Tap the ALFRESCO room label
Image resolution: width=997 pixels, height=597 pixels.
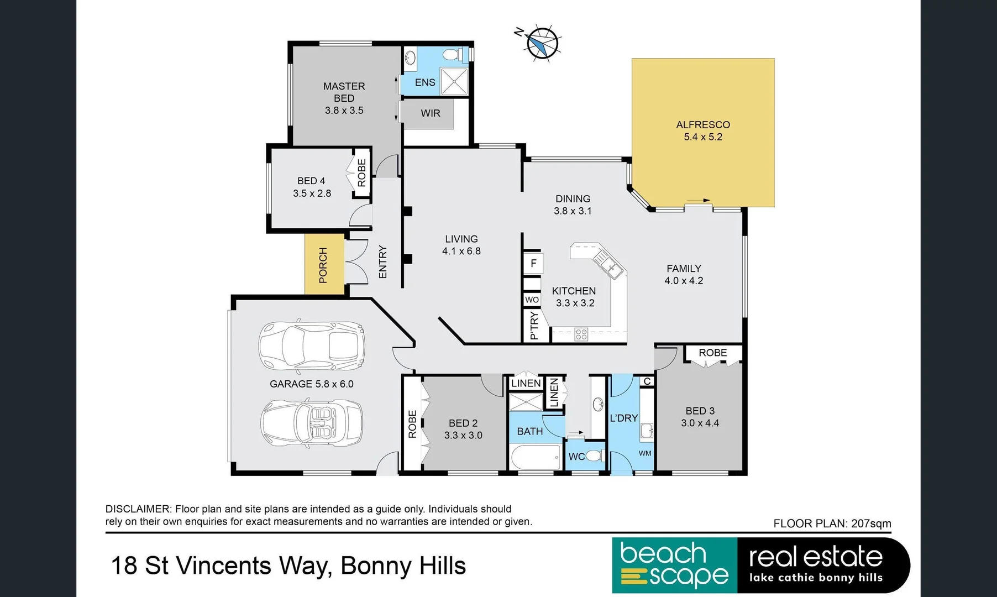(703, 125)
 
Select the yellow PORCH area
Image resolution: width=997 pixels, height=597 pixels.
(324, 265)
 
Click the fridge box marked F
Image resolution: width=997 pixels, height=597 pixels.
(533, 263)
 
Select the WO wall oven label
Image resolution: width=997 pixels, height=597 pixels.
(532, 300)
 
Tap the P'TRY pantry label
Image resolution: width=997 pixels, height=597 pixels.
(533, 326)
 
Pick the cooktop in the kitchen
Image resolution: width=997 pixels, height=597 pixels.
(581, 334)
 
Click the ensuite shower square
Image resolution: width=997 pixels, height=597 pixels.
(454, 81)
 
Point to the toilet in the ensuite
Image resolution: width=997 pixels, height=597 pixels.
(454, 55)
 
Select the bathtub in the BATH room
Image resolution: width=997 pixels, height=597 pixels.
(535, 458)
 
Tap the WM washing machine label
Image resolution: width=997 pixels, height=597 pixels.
(645, 453)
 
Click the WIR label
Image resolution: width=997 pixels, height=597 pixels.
(431, 113)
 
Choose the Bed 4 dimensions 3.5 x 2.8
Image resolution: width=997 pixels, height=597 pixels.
(312, 193)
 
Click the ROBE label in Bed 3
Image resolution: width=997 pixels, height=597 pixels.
(712, 353)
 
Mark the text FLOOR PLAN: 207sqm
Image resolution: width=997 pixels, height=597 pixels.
(832, 523)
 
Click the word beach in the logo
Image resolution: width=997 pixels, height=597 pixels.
(663, 553)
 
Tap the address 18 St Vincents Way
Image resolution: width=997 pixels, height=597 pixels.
(221, 566)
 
